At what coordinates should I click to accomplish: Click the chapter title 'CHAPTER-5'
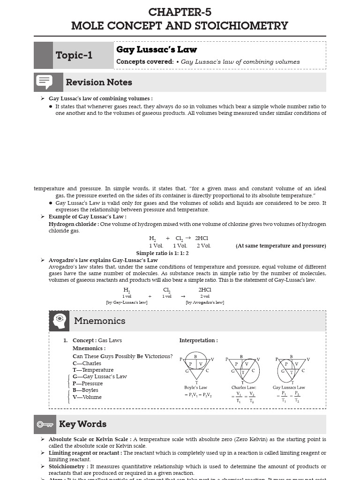pyautogui.click(x=180, y=12)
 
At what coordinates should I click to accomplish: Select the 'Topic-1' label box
pyautogui.click(x=74, y=55)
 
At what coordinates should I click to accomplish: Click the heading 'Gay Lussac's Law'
pyautogui.click(x=157, y=50)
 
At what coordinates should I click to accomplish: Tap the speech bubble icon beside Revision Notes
pyautogui.click(x=44, y=82)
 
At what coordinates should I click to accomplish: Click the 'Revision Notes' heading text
pyautogui.click(x=99, y=82)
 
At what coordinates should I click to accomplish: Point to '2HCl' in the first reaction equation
pyautogui.click(x=202, y=238)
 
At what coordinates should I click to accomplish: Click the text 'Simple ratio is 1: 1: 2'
pyautogui.click(x=162, y=253)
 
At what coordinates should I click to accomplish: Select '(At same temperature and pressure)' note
pyautogui.click(x=281, y=246)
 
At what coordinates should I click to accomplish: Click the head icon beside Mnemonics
pyautogui.click(x=59, y=321)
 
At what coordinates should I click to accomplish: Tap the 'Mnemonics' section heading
pyautogui.click(x=99, y=321)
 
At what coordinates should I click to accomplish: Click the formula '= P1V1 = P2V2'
pyautogui.click(x=198, y=395)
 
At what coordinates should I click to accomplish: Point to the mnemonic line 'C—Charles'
pyautogui.click(x=87, y=363)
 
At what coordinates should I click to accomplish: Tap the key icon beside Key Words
pyautogui.click(x=45, y=424)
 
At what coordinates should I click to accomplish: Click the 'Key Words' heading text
pyautogui.click(x=82, y=424)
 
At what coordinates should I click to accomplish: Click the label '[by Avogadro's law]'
pyautogui.click(x=205, y=302)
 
